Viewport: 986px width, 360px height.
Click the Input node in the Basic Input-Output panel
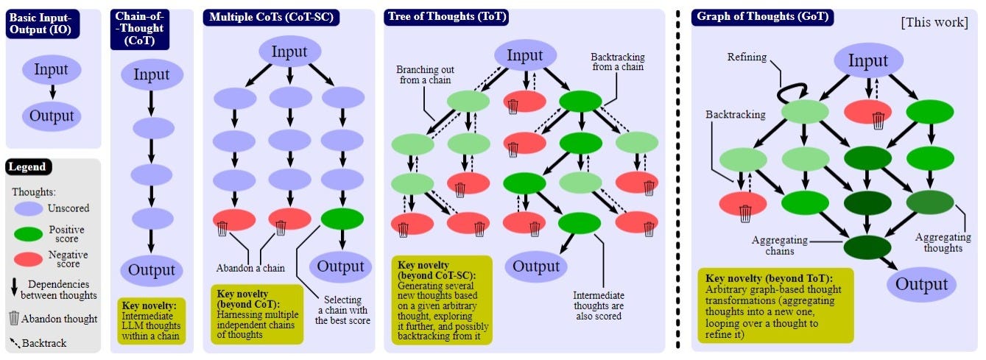(51, 70)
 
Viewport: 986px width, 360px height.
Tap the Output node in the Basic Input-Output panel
(51, 116)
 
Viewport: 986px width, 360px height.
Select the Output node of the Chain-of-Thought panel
(152, 270)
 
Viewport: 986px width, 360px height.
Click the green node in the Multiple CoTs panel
(342, 219)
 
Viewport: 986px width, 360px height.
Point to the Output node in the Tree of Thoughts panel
(535, 266)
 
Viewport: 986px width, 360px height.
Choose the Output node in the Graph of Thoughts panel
(921, 284)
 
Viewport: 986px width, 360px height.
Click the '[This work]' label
(934, 23)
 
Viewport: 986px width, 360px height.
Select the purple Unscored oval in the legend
(29, 208)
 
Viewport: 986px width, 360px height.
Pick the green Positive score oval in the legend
(29, 234)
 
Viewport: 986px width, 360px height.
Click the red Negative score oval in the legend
(29, 260)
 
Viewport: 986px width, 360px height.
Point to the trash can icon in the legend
(14, 319)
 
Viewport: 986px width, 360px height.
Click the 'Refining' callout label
(747, 57)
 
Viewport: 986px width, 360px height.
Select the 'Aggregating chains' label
(779, 246)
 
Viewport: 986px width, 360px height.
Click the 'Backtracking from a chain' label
(617, 61)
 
